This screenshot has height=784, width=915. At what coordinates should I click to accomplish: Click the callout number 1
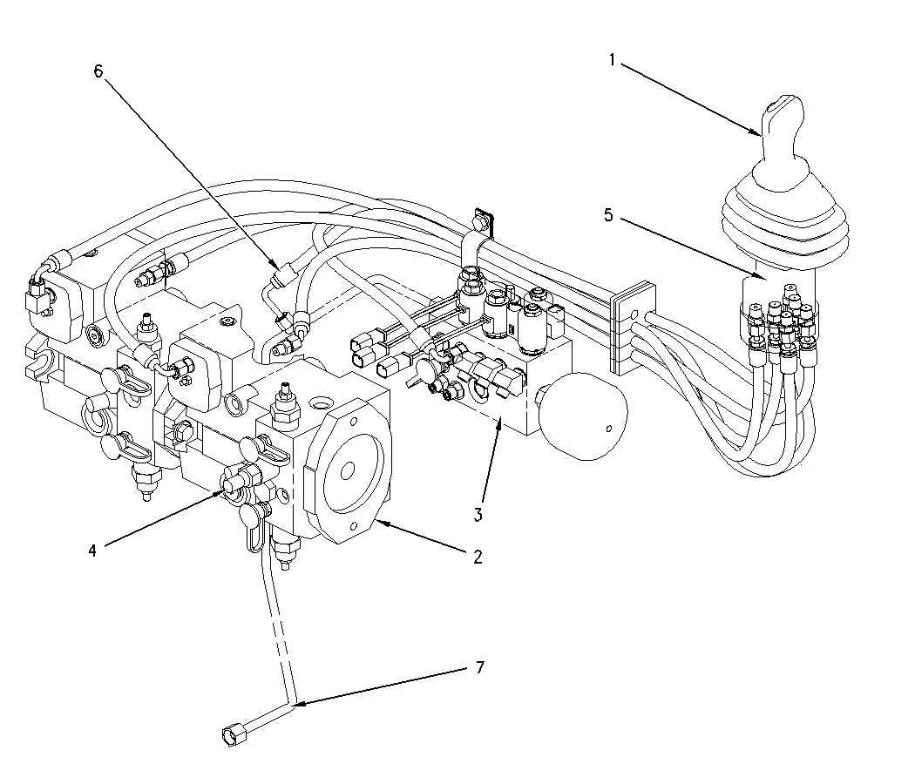coord(613,60)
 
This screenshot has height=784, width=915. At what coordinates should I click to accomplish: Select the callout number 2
coord(478,558)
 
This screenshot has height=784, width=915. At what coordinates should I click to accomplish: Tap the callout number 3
coord(478,514)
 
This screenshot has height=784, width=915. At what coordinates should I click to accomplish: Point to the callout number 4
coord(91,549)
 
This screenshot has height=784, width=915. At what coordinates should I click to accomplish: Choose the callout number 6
coord(98,71)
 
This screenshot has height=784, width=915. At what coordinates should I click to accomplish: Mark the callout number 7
coord(478,668)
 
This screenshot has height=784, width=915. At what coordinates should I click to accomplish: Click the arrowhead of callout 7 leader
coord(296,703)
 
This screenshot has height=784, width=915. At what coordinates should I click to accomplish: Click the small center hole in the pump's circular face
coord(346,471)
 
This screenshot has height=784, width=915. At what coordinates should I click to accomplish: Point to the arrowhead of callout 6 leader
coord(278,267)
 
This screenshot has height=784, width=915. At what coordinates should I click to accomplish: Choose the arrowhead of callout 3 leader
coord(498,421)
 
